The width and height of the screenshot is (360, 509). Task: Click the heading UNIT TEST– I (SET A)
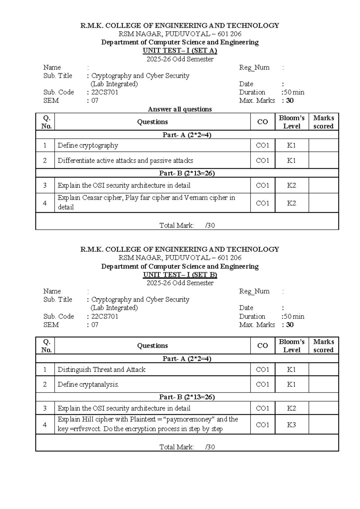pos(180,50)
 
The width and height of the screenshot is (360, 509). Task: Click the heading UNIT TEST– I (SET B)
pos(180,275)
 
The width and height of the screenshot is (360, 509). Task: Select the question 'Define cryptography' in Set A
pos(88,146)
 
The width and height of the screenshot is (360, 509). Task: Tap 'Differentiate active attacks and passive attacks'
pos(125,161)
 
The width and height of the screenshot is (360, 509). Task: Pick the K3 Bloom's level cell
pos(291,425)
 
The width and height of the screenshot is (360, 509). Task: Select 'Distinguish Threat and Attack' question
pos(101,369)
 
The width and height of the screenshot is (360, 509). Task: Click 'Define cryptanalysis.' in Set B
pos(88,384)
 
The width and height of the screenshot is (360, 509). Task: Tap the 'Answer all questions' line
pos(180,109)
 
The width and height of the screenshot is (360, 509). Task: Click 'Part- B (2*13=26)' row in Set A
pos(187,173)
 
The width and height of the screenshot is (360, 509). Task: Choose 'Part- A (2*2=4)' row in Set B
pos(187,359)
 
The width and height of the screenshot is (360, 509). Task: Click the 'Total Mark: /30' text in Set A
pos(187,225)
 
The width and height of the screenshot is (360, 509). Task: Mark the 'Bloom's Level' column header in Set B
pos(291,346)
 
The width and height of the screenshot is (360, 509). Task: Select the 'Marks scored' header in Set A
pos(323,122)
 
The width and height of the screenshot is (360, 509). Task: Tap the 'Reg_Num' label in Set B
pos(254,291)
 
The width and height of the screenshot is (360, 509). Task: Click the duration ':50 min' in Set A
pos(293,92)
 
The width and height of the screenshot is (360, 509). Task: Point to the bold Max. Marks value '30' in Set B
pos(289,325)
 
